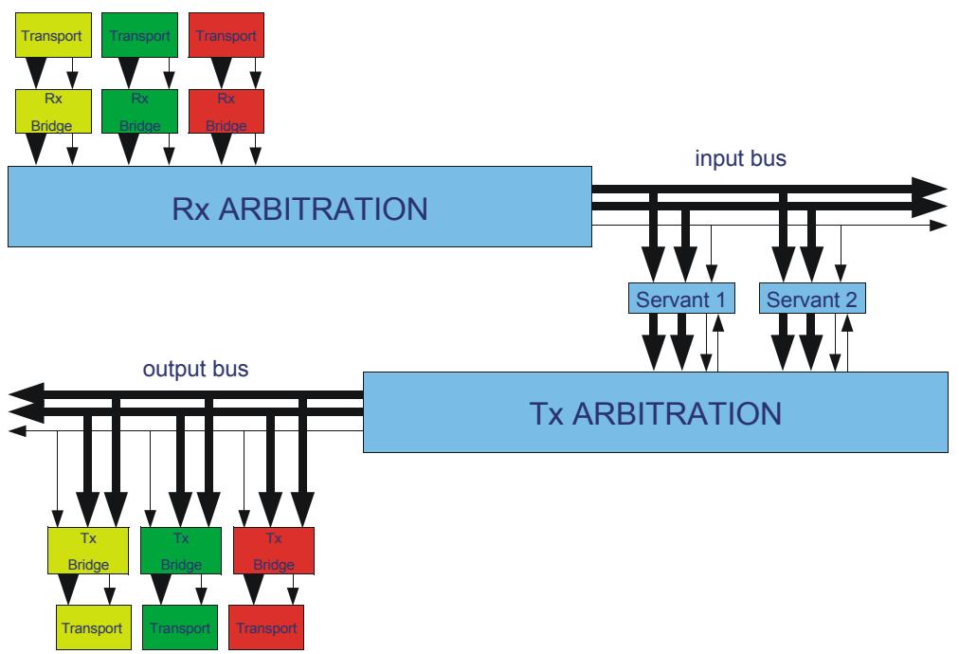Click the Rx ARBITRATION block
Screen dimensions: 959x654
coord(299,207)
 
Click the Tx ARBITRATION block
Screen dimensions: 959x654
coord(656,412)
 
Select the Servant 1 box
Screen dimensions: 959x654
coord(681,299)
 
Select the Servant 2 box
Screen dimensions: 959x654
coord(812,299)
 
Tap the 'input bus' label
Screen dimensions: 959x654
coord(740,158)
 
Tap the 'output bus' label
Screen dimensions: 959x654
coord(196,369)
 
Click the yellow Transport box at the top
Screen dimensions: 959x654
coord(53,35)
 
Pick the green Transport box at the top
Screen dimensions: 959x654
coord(139,35)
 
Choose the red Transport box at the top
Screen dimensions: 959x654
coord(226,35)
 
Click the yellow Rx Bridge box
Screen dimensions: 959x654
coord(53,111)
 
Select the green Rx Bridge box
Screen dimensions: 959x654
coord(139,111)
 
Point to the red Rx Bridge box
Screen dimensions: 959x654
coord(226,111)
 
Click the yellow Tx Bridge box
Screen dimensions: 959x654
coord(88,551)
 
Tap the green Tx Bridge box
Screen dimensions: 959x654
coord(181,551)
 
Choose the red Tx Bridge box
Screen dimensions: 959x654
coord(274,551)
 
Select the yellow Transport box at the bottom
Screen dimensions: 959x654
coord(94,627)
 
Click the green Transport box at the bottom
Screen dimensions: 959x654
coord(180,627)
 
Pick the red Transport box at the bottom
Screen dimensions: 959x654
coord(266,627)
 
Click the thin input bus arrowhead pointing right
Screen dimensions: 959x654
coord(938,226)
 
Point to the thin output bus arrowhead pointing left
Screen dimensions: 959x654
coord(18,431)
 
